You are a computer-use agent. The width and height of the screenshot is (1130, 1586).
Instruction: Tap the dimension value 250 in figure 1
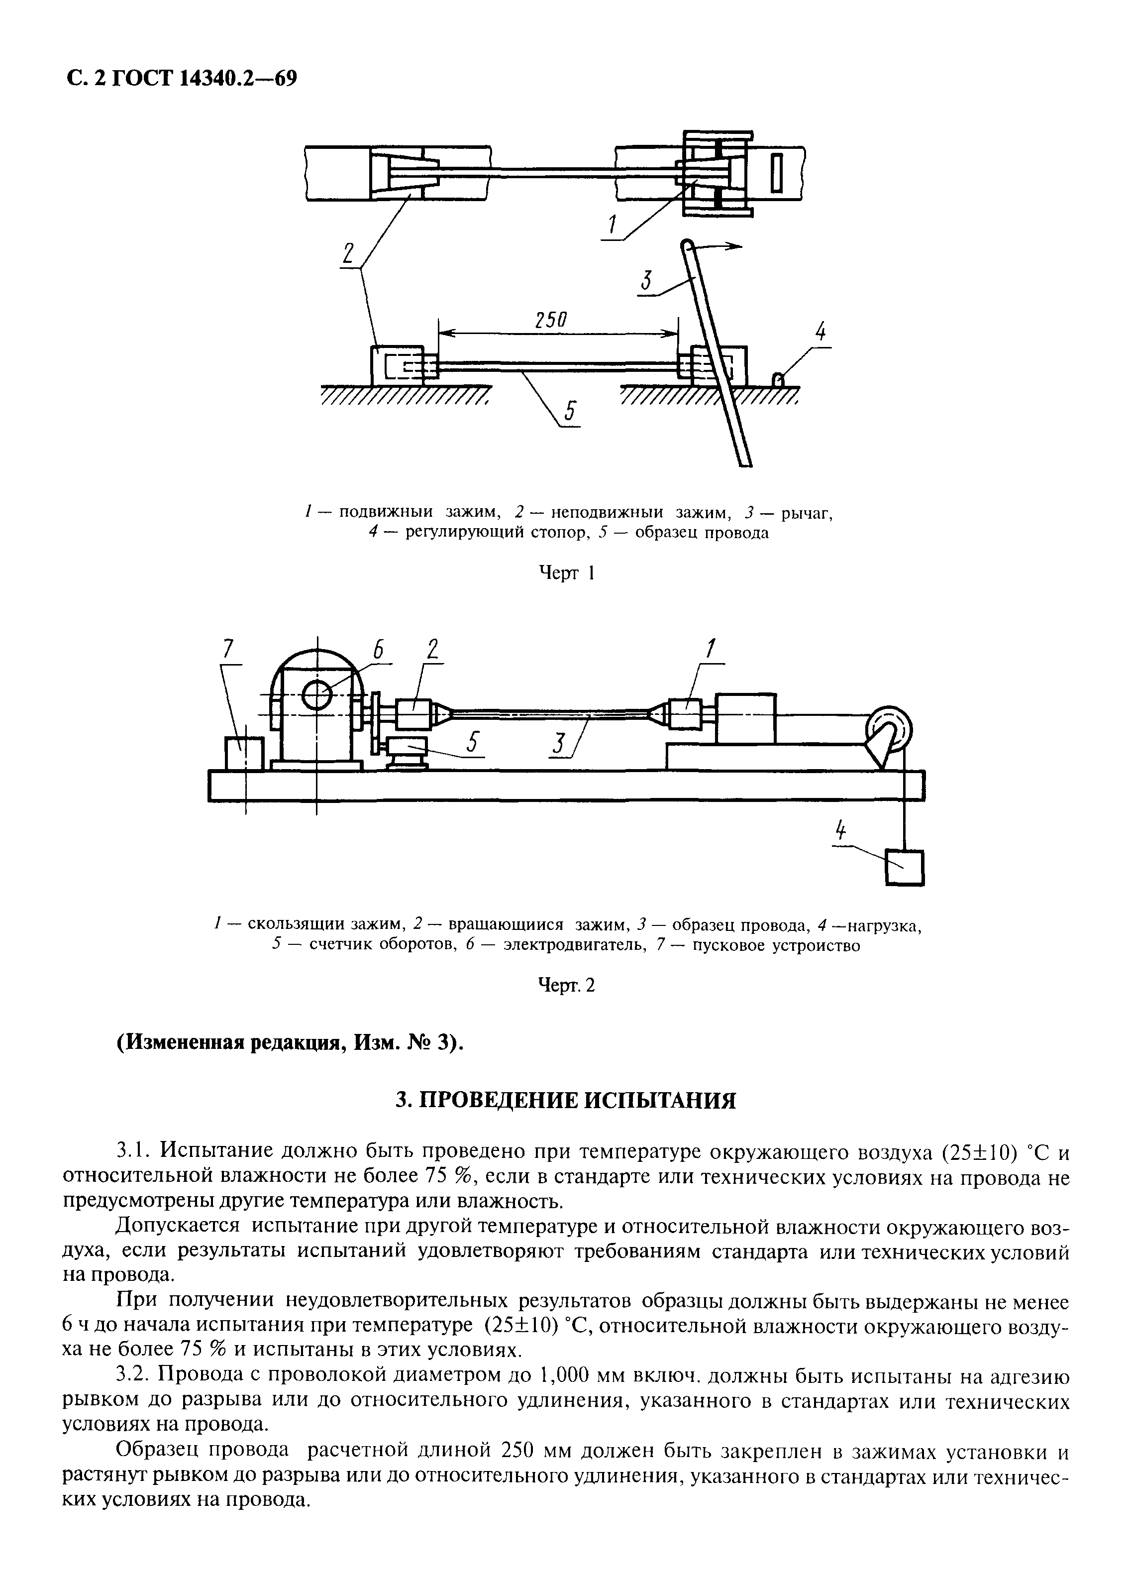tap(551, 320)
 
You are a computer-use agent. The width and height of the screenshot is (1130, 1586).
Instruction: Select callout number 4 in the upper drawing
tap(821, 331)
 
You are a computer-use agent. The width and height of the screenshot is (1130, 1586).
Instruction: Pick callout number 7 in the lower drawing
tap(227, 649)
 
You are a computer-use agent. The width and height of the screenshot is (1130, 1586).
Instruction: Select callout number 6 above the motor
tap(378, 649)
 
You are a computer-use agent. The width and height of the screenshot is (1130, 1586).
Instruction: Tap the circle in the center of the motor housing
tap(317, 694)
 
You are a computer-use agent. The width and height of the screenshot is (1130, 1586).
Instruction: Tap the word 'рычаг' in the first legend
tap(807, 513)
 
